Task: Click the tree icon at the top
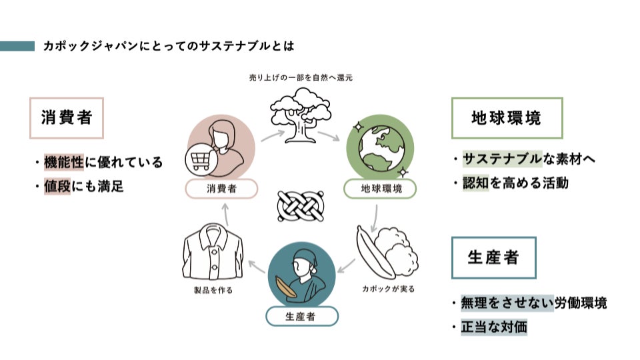[299, 115]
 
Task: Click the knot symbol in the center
[299, 207]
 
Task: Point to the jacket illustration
[213, 254]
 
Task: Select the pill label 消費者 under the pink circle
[221, 189]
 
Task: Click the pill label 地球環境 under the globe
[380, 189]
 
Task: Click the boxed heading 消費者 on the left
[67, 118]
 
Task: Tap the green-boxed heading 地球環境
[507, 118]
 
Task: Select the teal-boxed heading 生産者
[493, 257]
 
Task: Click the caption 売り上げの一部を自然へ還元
[300, 77]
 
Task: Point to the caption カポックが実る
[388, 289]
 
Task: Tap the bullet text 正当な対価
[494, 327]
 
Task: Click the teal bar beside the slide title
[17, 46]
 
